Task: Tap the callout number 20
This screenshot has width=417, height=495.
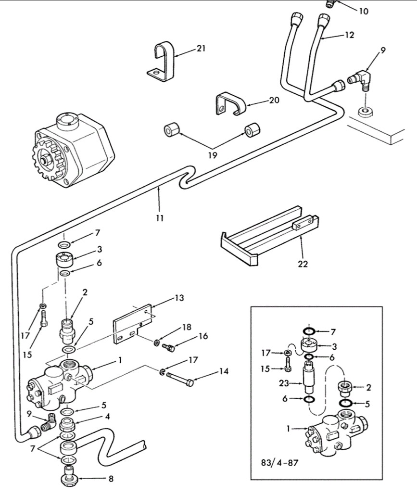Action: [274, 100]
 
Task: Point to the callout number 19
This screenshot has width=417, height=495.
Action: [213, 155]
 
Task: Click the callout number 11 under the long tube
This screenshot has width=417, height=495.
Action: [160, 218]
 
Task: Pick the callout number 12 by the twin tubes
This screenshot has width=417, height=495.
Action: [349, 35]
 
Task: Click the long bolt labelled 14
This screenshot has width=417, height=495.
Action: [180, 379]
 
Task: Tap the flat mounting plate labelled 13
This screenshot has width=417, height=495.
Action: [132, 323]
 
